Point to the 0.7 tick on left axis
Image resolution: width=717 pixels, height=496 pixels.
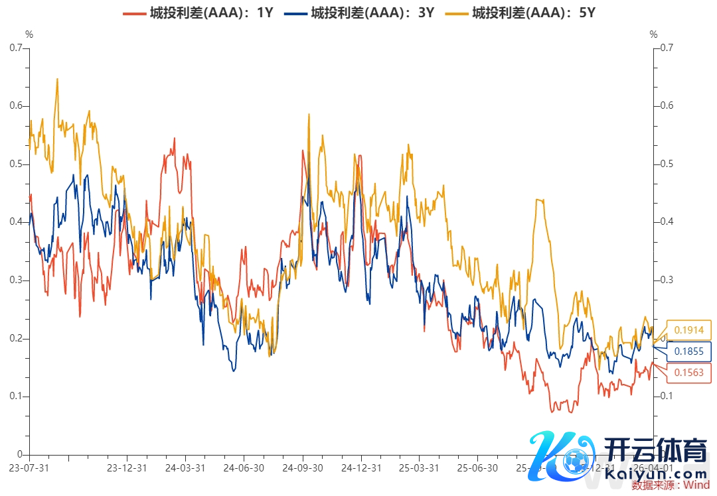pyautogui.click(x=17, y=48)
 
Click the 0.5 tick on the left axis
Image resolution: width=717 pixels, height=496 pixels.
pyautogui.click(x=17, y=164)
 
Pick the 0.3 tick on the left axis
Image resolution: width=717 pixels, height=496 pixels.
pyautogui.click(x=17, y=280)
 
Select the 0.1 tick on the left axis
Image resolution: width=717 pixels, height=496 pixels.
pyautogui.click(x=17, y=397)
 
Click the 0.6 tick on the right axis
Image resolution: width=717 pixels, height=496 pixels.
pyautogui.click(x=665, y=106)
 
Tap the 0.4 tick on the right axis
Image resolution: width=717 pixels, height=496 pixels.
pyautogui.click(x=665, y=222)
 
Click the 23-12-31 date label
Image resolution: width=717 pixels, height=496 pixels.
pyautogui.click(x=127, y=467)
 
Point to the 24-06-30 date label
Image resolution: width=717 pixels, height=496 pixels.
pyautogui.click(x=244, y=467)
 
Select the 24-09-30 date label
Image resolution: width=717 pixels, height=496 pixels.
pyautogui.click(x=303, y=467)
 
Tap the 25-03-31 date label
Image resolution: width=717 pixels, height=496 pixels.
pyautogui.click(x=419, y=467)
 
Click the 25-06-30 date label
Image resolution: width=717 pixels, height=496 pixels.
pyautogui.click(x=478, y=467)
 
